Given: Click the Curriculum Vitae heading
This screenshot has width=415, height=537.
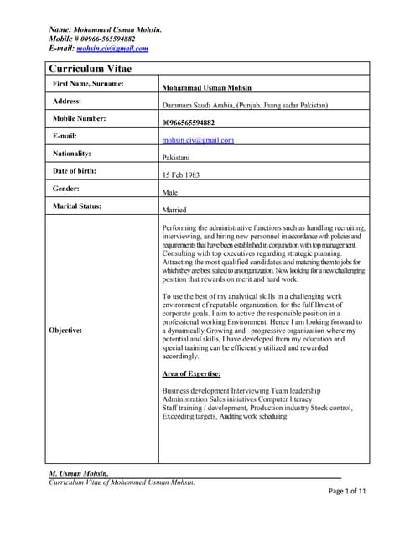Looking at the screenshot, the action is coord(90,69).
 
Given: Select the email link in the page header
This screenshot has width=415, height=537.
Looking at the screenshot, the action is coord(107,49).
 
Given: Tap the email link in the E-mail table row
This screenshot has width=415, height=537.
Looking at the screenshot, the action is coord(198,140).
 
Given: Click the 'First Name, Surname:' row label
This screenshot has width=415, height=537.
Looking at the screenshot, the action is coord(88,84).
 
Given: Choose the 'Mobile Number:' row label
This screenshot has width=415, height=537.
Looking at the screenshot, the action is coord(80,118).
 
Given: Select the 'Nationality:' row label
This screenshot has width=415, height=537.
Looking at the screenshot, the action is coord(72,154).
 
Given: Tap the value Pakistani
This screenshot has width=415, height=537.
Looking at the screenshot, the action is coord(178,158).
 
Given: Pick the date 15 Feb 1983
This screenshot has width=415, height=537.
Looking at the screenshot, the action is coord(183,175).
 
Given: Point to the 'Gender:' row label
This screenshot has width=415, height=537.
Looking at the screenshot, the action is coord(66,189).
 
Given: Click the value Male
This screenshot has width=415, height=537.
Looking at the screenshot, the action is coord(170,193).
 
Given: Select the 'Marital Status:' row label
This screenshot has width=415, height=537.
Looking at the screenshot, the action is coord(78,206).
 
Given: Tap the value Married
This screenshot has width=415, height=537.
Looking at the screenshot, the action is coord(174,210).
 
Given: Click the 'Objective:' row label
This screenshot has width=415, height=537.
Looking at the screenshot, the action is coord(65,331).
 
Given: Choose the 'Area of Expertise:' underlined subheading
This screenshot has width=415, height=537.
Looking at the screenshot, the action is coord(191,373).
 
